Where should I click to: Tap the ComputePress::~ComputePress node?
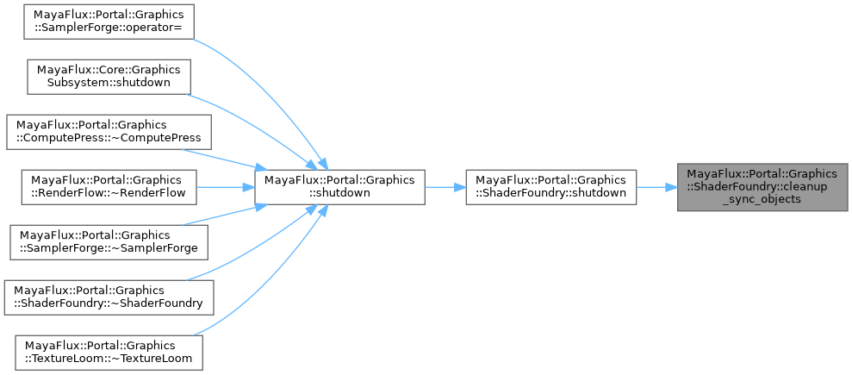click(109, 130)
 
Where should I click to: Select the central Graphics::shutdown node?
click(339, 186)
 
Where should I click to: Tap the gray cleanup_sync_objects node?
click(762, 186)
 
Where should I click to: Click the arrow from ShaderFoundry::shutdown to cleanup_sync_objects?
click(656, 186)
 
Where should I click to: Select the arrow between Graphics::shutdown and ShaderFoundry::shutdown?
click(445, 186)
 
